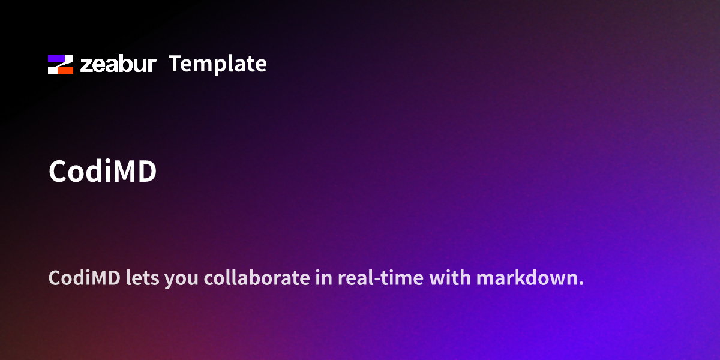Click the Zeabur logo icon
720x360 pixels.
coord(61,64)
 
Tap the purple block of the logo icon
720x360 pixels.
coord(57,59)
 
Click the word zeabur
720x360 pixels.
coord(118,64)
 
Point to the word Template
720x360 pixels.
coord(217,64)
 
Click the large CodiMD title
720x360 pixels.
coord(103,172)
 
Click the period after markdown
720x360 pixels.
coord(581,284)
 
